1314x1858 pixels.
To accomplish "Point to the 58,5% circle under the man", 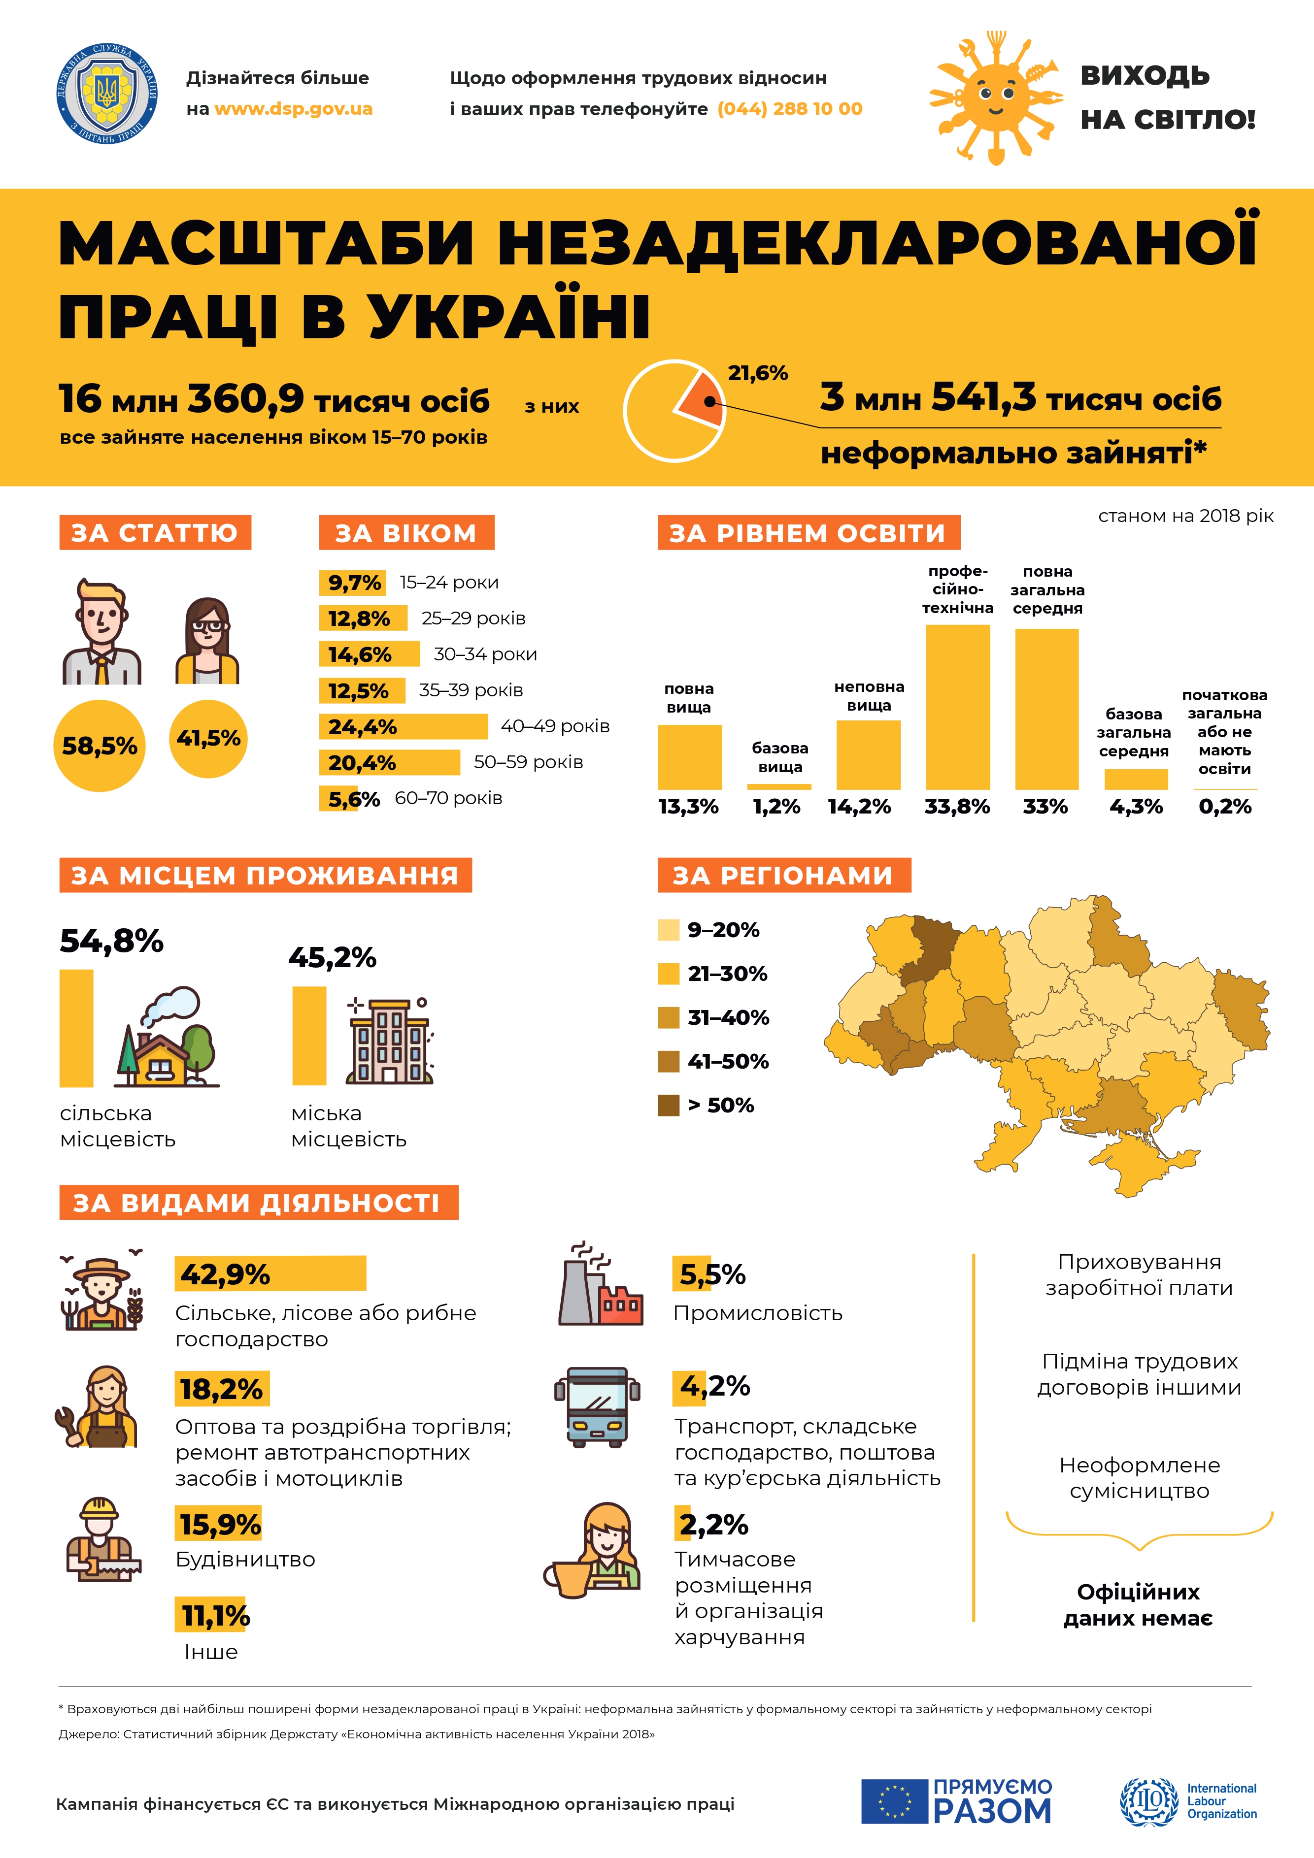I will click(x=100, y=745).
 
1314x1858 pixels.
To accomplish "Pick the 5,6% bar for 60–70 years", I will click(x=338, y=799).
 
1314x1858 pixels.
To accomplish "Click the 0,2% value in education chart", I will click(x=1224, y=807).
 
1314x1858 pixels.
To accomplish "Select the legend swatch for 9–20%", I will click(x=669, y=930).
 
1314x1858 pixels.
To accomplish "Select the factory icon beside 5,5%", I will click(x=600, y=1285).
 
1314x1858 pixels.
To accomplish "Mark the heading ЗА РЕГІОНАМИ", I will click(x=784, y=876).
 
